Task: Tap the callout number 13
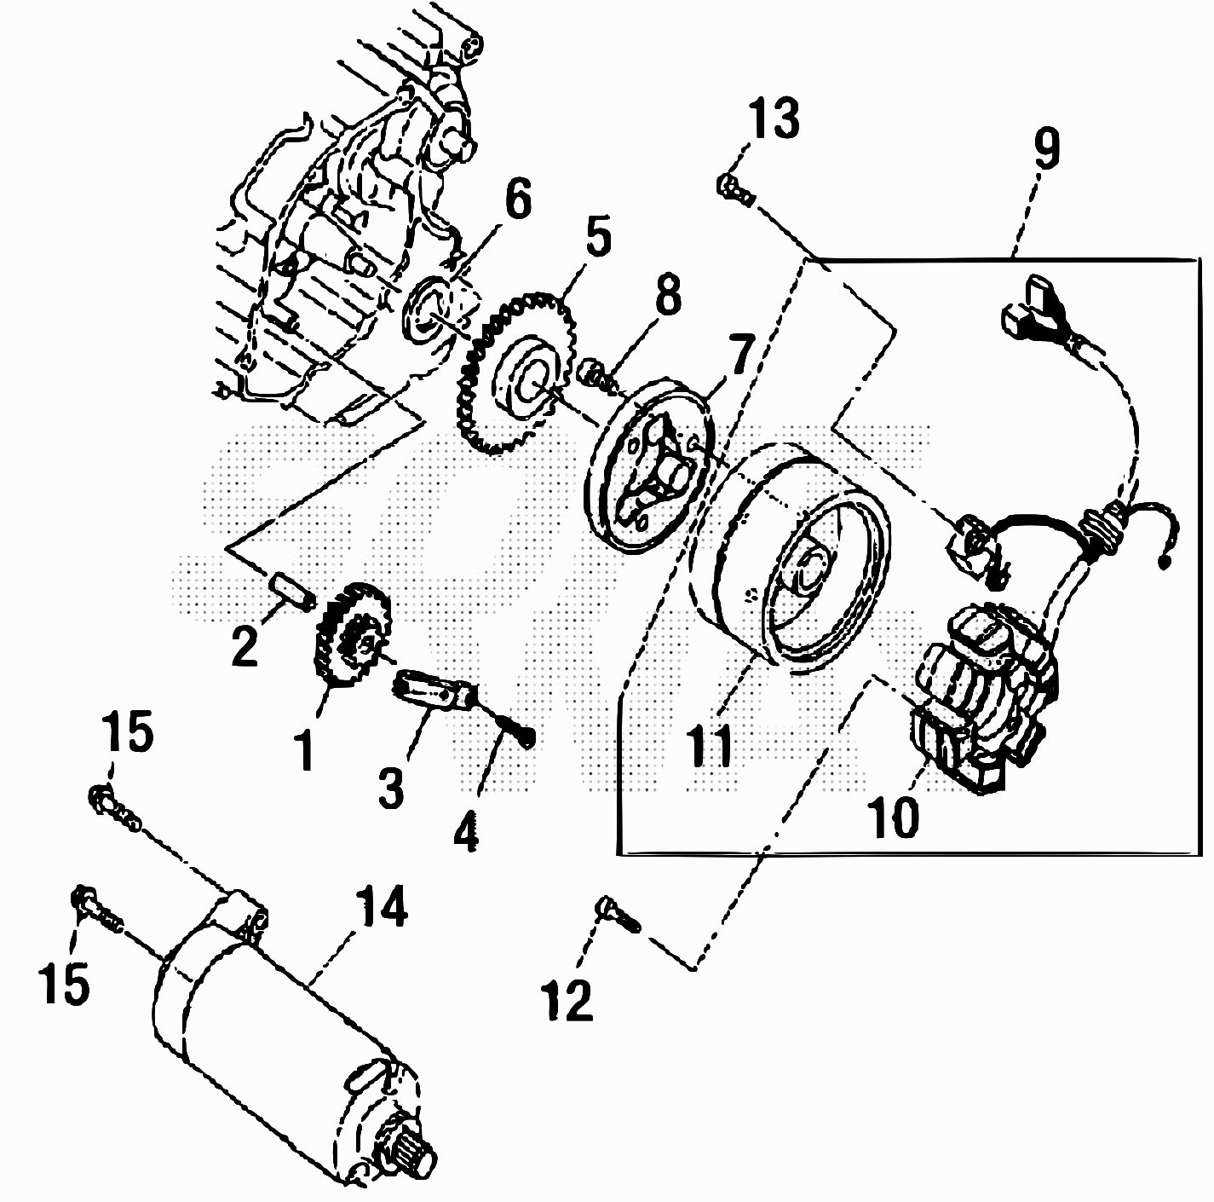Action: pyautogui.click(x=775, y=118)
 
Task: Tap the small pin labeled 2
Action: pyautogui.click(x=291, y=589)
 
